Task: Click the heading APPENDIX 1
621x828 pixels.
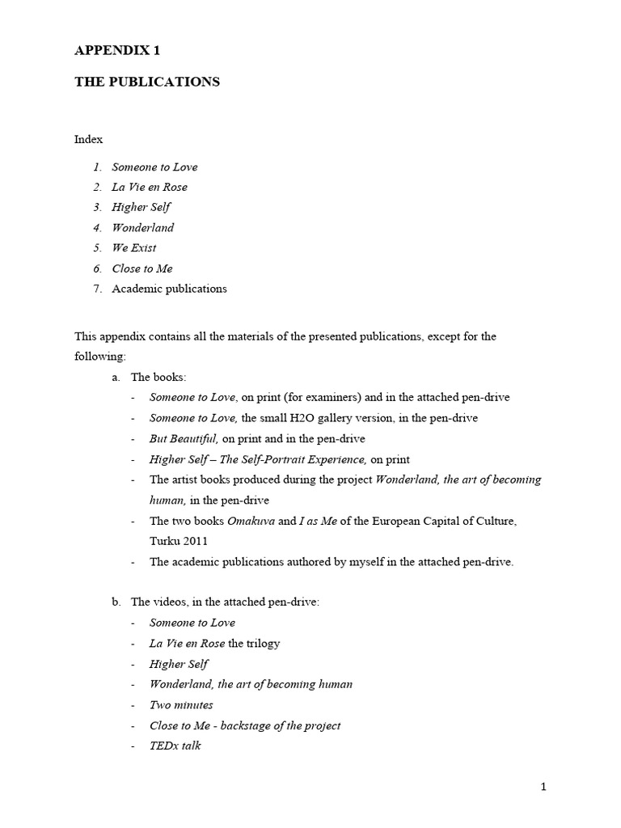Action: [x=117, y=50]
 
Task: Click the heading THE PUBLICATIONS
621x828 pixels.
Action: [x=146, y=82]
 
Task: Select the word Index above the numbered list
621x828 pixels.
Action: [x=89, y=139]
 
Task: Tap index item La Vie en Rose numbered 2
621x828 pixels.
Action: [x=150, y=187]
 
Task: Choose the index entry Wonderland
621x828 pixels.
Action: [x=143, y=227]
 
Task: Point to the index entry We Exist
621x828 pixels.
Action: [x=134, y=247]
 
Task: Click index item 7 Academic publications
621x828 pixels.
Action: [x=169, y=289]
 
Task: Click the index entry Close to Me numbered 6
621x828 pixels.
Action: [x=142, y=268]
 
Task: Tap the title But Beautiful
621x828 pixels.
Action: [x=184, y=438]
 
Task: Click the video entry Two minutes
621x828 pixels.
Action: [x=181, y=705]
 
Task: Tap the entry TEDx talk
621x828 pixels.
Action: [x=175, y=746]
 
